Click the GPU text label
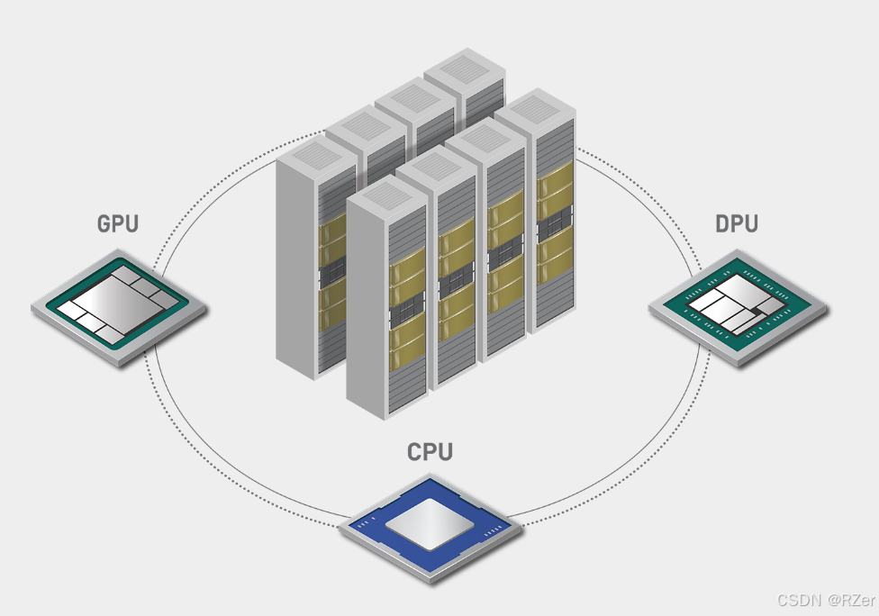[118, 223]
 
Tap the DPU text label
[736, 223]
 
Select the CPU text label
[430, 451]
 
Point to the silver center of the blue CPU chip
[430, 524]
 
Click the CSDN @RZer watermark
[826, 600]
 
